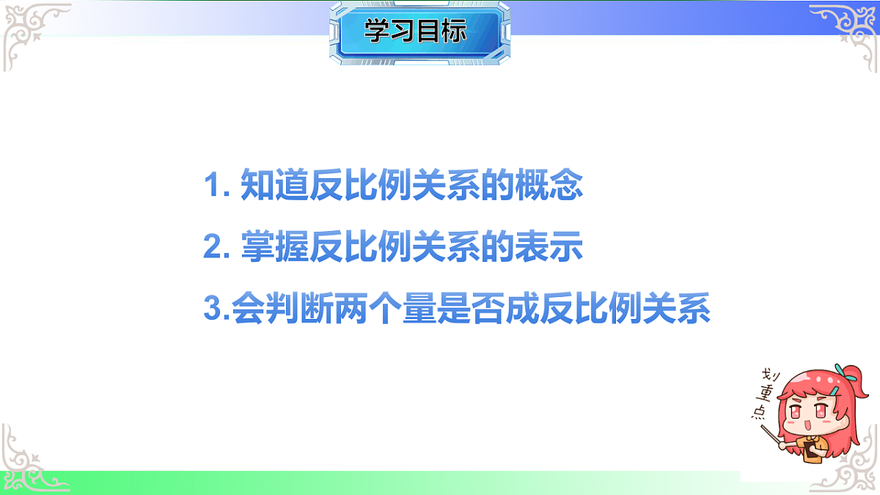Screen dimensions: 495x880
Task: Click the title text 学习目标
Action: point(415,32)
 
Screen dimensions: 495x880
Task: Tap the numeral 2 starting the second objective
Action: point(212,249)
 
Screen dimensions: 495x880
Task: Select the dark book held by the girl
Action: point(811,450)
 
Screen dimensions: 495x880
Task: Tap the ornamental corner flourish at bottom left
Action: point(29,462)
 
